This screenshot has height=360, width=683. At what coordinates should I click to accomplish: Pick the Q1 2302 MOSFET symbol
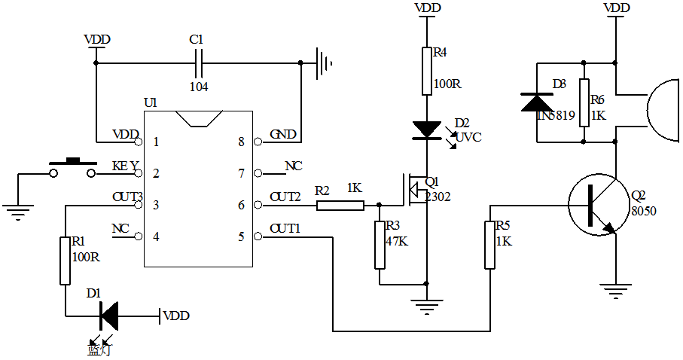pos(413,189)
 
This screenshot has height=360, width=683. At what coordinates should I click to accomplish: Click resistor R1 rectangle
pos(65,260)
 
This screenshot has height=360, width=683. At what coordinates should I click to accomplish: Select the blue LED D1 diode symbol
pos(108,315)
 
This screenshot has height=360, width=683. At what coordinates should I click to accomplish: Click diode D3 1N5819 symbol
pos(538,101)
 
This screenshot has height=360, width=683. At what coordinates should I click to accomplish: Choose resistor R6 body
pos(584,101)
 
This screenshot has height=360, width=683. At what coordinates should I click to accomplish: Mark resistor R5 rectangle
pos(490,245)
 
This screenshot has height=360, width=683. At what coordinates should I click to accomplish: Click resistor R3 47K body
pos(380,245)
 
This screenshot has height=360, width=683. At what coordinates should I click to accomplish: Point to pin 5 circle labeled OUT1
pos(258,236)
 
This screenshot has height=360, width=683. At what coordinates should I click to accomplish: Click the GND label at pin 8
pos(282,134)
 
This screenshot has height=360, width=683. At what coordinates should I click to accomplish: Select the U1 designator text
pos(151,102)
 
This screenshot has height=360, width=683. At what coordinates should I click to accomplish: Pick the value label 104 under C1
pos(199,87)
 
